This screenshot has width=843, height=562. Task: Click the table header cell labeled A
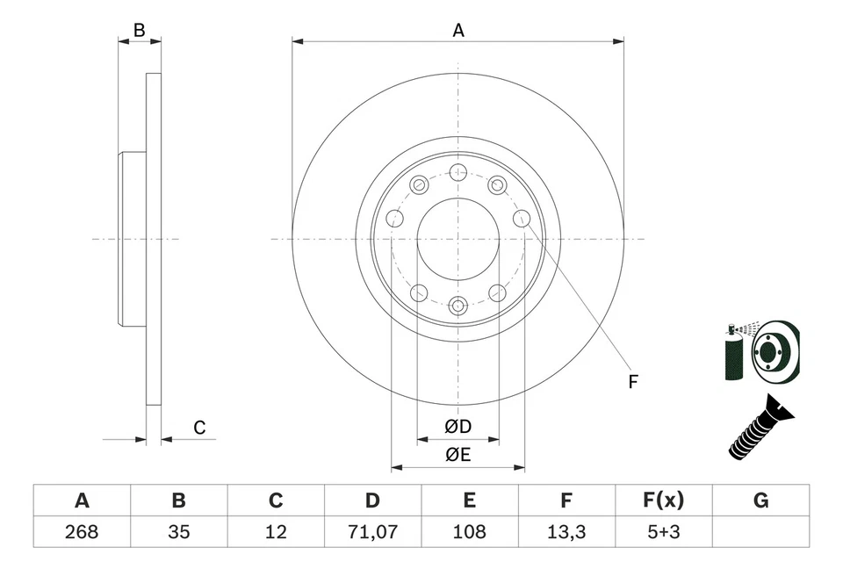(82, 501)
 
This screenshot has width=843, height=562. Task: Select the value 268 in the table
(82, 531)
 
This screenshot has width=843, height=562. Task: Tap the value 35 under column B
(179, 531)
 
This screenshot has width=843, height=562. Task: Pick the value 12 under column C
(276, 531)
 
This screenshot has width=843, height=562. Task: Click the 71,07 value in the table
(372, 531)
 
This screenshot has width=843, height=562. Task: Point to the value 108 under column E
(470, 531)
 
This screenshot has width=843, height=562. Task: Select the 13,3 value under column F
(566, 531)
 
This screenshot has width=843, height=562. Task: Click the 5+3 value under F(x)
(663, 531)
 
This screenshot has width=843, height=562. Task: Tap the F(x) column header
(663, 501)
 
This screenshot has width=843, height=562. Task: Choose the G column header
(760, 501)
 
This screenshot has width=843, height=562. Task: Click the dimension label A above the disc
(458, 30)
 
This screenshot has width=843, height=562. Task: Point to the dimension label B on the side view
(139, 30)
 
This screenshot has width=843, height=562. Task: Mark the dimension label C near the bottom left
(199, 428)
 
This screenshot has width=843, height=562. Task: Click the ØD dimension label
(458, 427)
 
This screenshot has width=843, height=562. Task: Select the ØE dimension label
(458, 454)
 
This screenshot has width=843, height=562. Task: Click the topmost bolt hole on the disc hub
(458, 172)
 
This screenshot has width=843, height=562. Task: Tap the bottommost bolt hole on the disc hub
(458, 306)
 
